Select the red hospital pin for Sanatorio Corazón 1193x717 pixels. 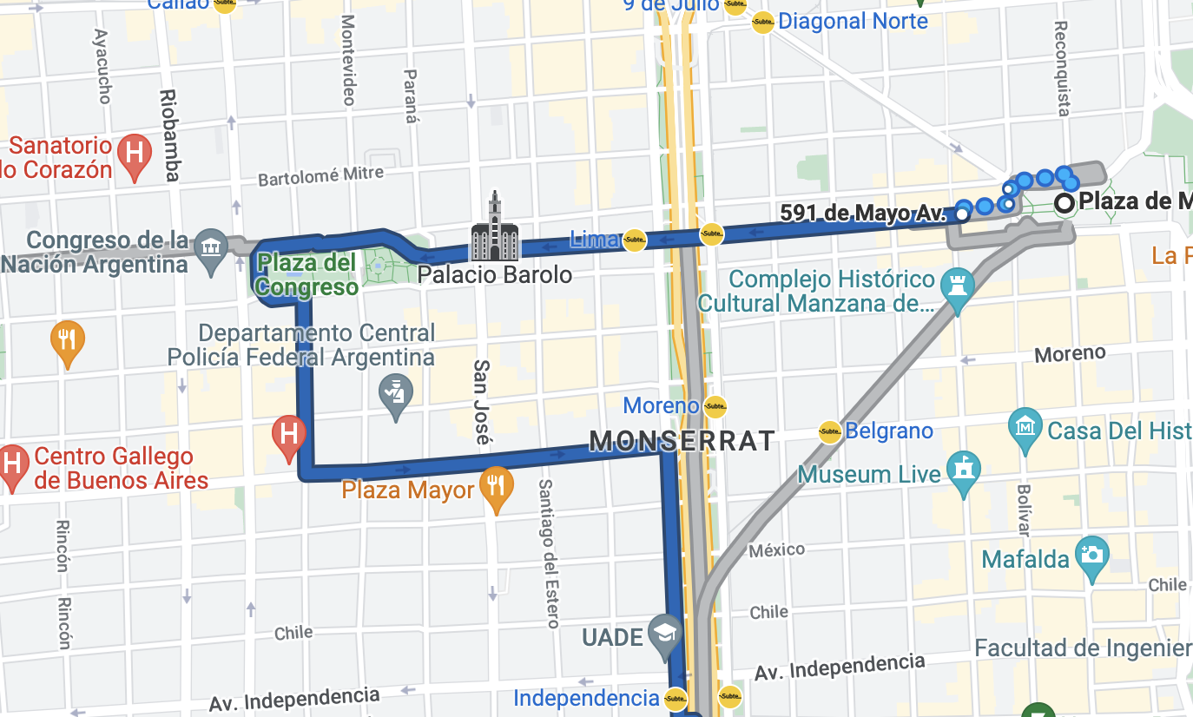[x=135, y=155]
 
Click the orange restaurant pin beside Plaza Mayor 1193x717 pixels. [x=496, y=487]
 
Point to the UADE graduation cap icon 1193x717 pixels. [x=664, y=635]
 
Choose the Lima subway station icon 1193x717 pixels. [x=635, y=240]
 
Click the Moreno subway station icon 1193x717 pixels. [x=715, y=405]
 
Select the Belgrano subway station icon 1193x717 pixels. [x=829, y=431]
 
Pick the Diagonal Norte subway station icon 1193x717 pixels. [x=762, y=22]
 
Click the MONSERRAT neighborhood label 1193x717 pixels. [x=682, y=441]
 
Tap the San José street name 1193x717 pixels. [x=481, y=402]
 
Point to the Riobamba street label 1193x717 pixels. [x=169, y=135]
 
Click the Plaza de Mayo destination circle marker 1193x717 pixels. [x=1064, y=204]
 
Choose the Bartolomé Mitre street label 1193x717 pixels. [x=320, y=177]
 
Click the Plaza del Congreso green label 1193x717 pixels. [x=307, y=274]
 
